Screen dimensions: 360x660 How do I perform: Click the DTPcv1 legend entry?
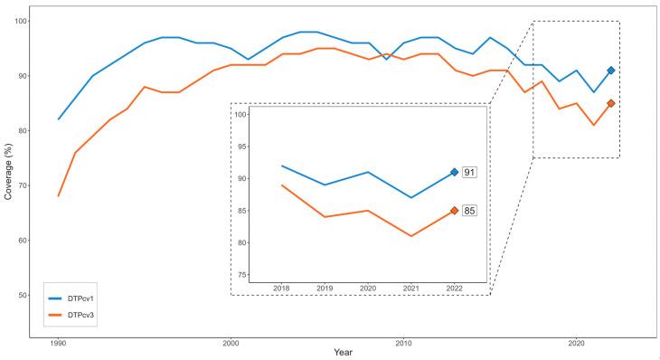[x=79, y=297]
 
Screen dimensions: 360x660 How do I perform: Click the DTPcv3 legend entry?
[x=79, y=315]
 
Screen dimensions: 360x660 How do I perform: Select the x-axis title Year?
[x=343, y=351]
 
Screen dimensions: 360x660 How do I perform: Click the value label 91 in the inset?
[x=469, y=172]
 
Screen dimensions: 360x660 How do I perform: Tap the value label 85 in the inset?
[x=469, y=211]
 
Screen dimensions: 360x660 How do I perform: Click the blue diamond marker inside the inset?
[x=454, y=172]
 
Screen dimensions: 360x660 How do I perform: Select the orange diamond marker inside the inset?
[x=454, y=211]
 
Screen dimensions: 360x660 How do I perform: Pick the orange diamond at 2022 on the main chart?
[x=611, y=103]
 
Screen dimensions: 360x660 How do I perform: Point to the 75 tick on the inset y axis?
[x=240, y=274]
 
